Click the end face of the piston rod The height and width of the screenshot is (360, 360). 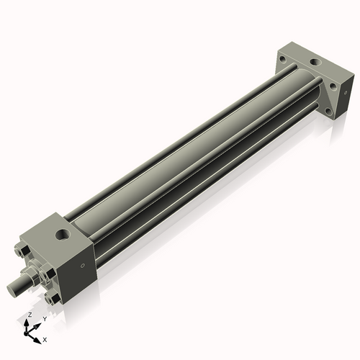pos(14,289)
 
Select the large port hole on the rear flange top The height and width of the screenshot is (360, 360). pos(314,63)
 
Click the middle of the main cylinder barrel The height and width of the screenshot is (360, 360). pos(194,158)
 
